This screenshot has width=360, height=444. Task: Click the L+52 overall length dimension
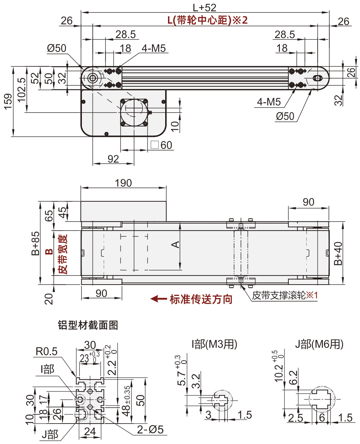(x=204, y=7)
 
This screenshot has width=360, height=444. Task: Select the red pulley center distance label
(x=208, y=20)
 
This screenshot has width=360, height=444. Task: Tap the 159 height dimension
(x=8, y=101)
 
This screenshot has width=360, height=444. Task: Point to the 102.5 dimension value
(x=22, y=90)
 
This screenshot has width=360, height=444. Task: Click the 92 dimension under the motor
(x=113, y=159)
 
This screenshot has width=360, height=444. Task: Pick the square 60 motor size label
(x=162, y=145)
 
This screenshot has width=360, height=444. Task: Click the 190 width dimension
(x=123, y=183)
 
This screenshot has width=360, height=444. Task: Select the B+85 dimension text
(x=36, y=243)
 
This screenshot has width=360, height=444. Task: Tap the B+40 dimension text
(x=338, y=253)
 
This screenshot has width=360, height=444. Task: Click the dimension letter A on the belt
(x=175, y=244)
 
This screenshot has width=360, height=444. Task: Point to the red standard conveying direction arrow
(x=158, y=299)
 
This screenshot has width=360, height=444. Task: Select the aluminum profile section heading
(x=88, y=325)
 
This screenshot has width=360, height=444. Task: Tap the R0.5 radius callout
(x=47, y=351)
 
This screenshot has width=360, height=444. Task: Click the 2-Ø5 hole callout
(x=150, y=429)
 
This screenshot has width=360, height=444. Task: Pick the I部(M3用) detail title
(x=214, y=344)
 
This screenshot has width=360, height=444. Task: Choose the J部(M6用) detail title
(x=319, y=344)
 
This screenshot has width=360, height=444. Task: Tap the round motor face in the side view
(x=134, y=111)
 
